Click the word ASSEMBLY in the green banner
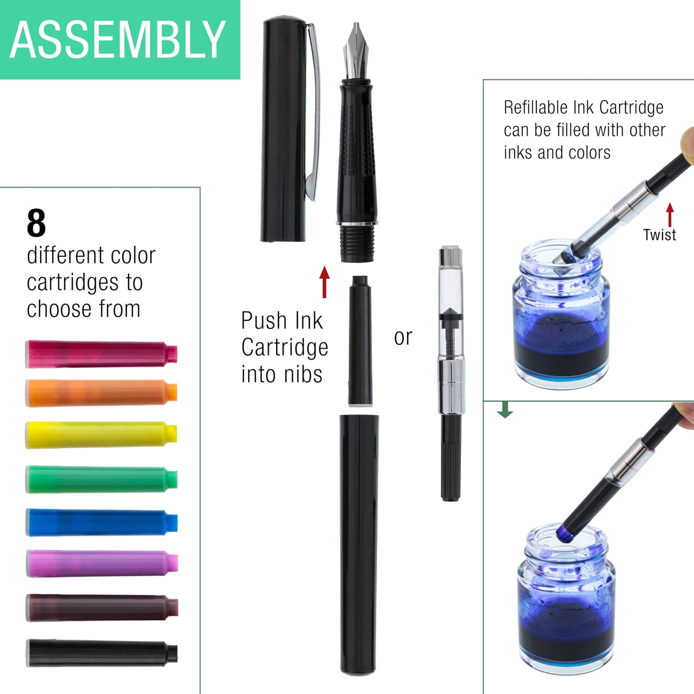118,39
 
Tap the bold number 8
36,224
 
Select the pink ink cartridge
101,354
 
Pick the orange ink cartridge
101,393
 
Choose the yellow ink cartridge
101,434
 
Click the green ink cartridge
101,479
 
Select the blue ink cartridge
101,522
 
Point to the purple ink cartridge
101,564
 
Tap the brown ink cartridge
101,607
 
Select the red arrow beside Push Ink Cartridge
325,282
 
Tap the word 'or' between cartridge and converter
403,337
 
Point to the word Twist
659,235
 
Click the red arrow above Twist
670,215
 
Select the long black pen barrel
358,543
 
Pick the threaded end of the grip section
357,244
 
